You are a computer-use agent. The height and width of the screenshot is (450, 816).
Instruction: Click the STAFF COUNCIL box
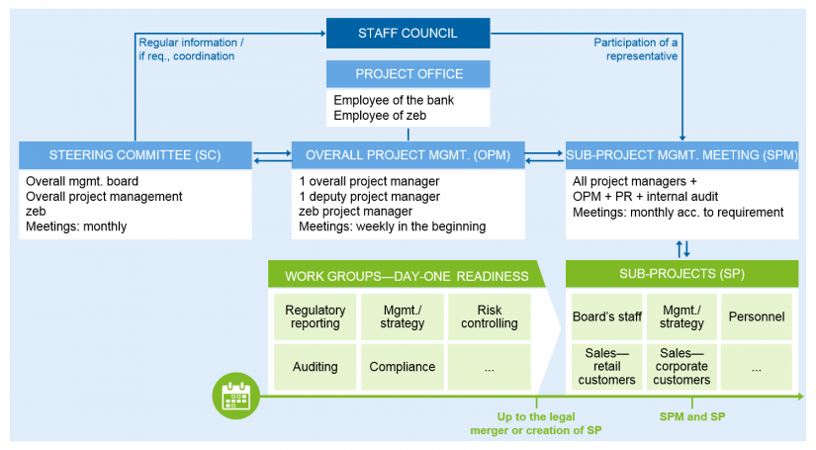coord(408,33)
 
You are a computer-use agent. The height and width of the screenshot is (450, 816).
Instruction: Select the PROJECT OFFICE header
coord(408,74)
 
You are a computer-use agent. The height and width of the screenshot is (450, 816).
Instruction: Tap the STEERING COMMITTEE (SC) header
coord(136,155)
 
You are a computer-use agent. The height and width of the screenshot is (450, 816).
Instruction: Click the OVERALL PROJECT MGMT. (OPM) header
coord(408,155)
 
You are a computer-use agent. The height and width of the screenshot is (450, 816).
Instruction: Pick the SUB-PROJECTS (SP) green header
coord(681,274)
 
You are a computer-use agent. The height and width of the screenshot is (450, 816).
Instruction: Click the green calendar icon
coord(236,396)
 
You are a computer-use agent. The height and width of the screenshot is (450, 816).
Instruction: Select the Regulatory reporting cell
coord(315,316)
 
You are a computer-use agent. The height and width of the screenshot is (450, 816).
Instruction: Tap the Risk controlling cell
coord(490,316)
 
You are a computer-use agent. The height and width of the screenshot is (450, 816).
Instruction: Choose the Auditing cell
coord(315,367)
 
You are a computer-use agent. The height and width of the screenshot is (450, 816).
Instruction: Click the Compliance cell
coord(403,367)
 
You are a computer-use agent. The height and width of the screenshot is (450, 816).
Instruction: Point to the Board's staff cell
coord(606,316)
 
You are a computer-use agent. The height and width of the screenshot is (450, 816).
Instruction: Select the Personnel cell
coord(756,316)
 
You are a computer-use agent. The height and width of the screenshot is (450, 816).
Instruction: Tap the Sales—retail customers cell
coord(606,367)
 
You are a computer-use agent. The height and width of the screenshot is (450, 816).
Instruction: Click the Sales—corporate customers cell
coord(681,367)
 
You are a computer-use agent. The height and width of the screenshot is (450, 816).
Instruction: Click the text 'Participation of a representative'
coord(636,49)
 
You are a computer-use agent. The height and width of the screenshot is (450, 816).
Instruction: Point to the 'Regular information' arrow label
coord(191,49)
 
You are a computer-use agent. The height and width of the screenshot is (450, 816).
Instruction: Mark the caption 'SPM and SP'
coord(692,416)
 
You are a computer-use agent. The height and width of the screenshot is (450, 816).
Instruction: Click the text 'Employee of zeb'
coord(380,116)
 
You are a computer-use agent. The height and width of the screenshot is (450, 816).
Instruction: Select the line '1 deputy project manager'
coord(370,197)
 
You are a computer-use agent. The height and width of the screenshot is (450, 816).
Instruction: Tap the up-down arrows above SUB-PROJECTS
coord(682,249)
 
